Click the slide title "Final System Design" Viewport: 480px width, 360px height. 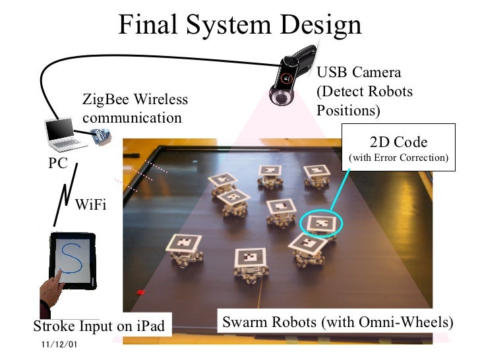[x=240, y=25]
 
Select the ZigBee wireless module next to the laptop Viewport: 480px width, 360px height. [x=101, y=137]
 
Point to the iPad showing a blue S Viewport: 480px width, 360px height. [x=72, y=261]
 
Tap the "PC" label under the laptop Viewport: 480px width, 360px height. [x=58, y=164]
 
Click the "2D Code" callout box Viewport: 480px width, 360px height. [x=398, y=148]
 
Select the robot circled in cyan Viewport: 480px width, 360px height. [x=321, y=224]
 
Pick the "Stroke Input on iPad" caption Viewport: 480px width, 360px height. [x=98, y=326]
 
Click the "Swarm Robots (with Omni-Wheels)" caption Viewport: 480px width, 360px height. [x=338, y=323]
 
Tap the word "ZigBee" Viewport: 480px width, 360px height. [x=105, y=100]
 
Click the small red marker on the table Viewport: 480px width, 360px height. [x=140, y=291]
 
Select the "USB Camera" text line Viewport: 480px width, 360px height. [x=359, y=73]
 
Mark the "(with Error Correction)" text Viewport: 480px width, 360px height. [x=398, y=158]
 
